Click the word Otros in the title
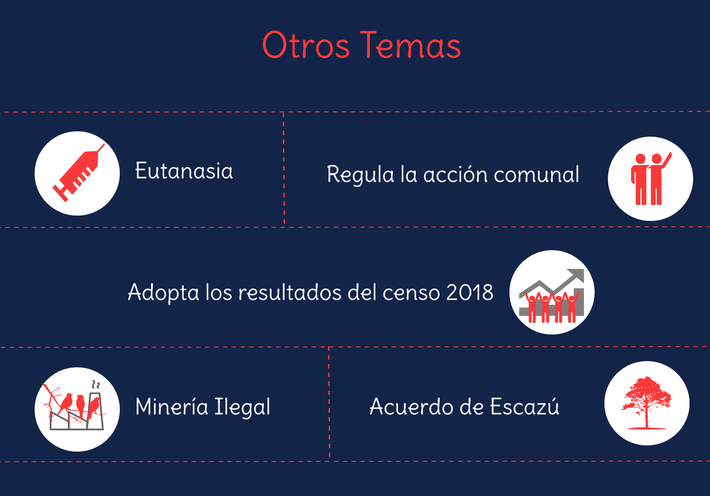point(306,45)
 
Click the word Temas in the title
point(410,45)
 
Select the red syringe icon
point(78,173)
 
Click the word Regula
point(360,175)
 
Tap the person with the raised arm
point(659,179)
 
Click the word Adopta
point(164,293)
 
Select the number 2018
point(470,292)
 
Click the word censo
point(411,293)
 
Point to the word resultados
point(290,292)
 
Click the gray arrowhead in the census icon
point(576,275)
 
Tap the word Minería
point(171,406)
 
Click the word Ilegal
point(242,407)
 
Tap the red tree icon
point(647,403)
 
